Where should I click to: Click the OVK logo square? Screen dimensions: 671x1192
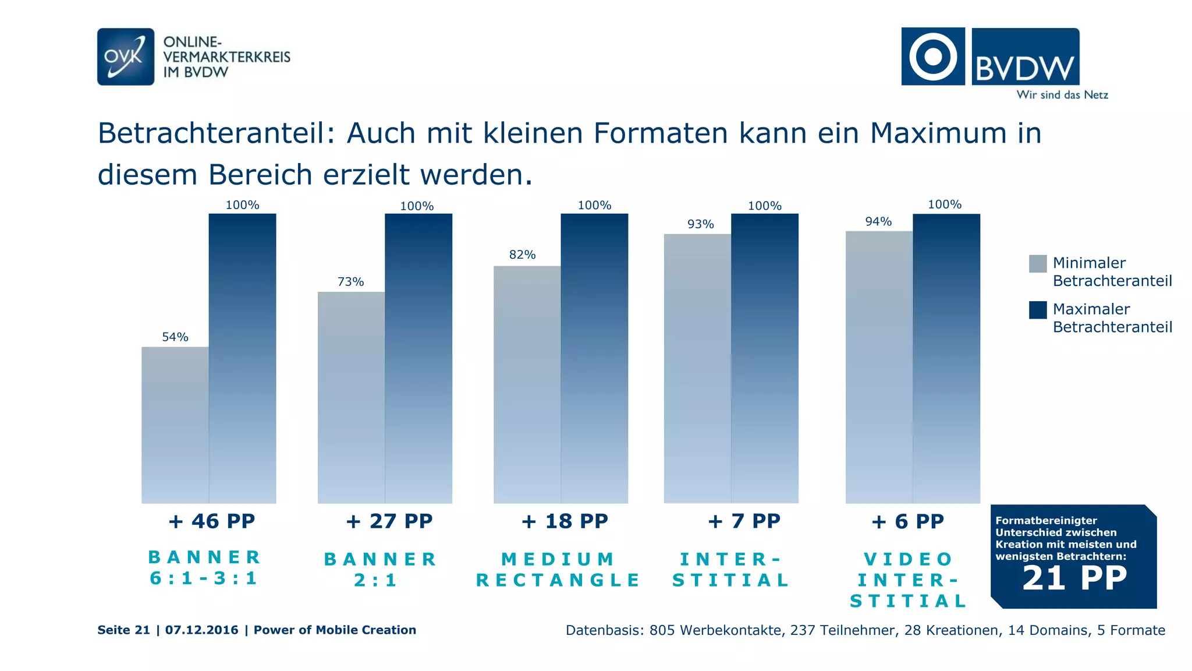126,56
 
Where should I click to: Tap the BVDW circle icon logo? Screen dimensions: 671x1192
932,56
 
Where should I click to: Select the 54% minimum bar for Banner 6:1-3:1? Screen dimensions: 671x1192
175,425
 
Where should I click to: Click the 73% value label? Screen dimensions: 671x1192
350,282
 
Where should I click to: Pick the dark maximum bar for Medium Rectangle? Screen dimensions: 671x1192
594,358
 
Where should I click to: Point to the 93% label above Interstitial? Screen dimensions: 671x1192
700,224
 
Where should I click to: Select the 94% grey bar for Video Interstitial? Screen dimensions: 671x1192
879,367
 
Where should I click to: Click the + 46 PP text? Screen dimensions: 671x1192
211,521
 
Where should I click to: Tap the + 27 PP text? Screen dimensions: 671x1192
389,521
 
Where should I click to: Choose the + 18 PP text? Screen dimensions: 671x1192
565,521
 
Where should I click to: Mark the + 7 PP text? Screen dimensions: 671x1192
744,521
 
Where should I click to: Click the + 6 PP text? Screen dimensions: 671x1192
907,521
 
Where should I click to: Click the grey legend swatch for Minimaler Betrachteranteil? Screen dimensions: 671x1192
1038,264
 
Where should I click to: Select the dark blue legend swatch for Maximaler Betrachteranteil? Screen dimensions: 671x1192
1038,310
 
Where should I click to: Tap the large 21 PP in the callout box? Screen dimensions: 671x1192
1074,578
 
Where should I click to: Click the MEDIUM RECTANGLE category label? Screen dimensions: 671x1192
558,570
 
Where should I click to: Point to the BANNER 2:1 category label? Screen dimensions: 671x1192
380,570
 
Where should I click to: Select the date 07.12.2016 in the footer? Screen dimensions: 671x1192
201,630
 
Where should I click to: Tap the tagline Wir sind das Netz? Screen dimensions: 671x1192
1062,95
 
